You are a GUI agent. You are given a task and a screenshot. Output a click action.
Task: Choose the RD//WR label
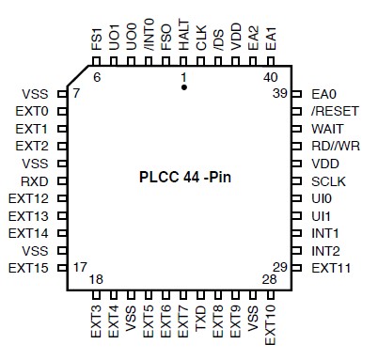[335, 146]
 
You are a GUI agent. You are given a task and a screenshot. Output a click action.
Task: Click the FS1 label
[97, 40]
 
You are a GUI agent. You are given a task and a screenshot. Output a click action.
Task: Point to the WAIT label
[327, 128]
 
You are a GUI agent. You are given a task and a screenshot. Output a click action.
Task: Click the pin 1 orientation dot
[184, 86]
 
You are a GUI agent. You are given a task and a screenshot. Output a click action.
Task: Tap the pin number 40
[271, 77]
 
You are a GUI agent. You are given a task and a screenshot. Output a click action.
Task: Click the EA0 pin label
[324, 94]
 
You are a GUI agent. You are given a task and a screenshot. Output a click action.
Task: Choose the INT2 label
[326, 250]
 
